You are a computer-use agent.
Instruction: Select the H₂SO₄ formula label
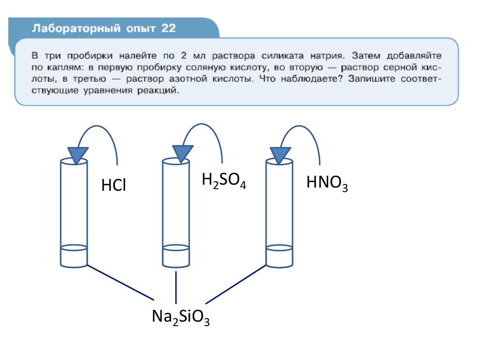point(224,181)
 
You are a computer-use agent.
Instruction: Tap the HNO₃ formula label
point(327,183)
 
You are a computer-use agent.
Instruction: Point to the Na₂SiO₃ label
point(180,317)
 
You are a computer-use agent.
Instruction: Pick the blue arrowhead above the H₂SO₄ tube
point(182,153)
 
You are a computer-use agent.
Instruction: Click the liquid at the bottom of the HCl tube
point(74,256)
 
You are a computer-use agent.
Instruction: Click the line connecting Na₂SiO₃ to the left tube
point(120,283)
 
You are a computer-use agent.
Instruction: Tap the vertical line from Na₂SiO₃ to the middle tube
point(176,287)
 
